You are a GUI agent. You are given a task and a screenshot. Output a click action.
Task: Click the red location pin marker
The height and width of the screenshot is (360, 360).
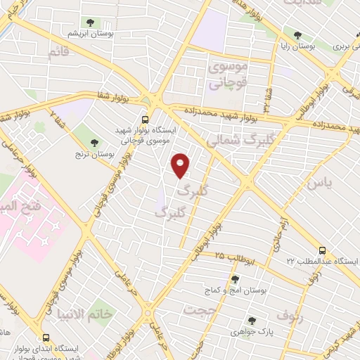181,165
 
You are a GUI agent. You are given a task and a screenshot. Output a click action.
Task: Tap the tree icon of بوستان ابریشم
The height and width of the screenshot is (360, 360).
91,23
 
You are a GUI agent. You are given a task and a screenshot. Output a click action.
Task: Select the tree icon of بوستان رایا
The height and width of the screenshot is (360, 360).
298,34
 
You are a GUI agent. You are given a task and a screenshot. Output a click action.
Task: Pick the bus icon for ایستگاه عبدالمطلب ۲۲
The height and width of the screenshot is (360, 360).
322,250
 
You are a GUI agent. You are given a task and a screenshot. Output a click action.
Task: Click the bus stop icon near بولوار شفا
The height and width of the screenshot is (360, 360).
145,119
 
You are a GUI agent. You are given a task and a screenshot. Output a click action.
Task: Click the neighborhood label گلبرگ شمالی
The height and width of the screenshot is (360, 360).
234,140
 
